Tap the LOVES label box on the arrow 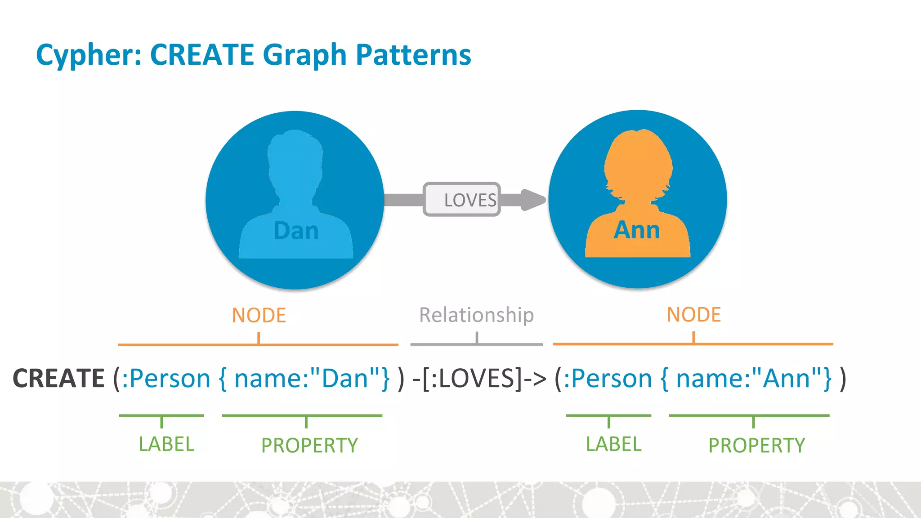[x=462, y=199]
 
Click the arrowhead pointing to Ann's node [x=532, y=200]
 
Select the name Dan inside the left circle [x=296, y=231]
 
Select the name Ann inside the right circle [x=637, y=230]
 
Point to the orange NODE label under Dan [x=259, y=315]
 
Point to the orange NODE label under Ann [x=693, y=315]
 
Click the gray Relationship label [x=476, y=315]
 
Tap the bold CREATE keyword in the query [x=58, y=378]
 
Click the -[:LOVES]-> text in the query [x=479, y=378]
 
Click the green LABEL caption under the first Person [x=166, y=444]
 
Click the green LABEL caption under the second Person [x=613, y=444]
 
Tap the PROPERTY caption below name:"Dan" [x=309, y=446]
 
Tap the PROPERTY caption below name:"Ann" [x=756, y=446]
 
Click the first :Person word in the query [x=166, y=378]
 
